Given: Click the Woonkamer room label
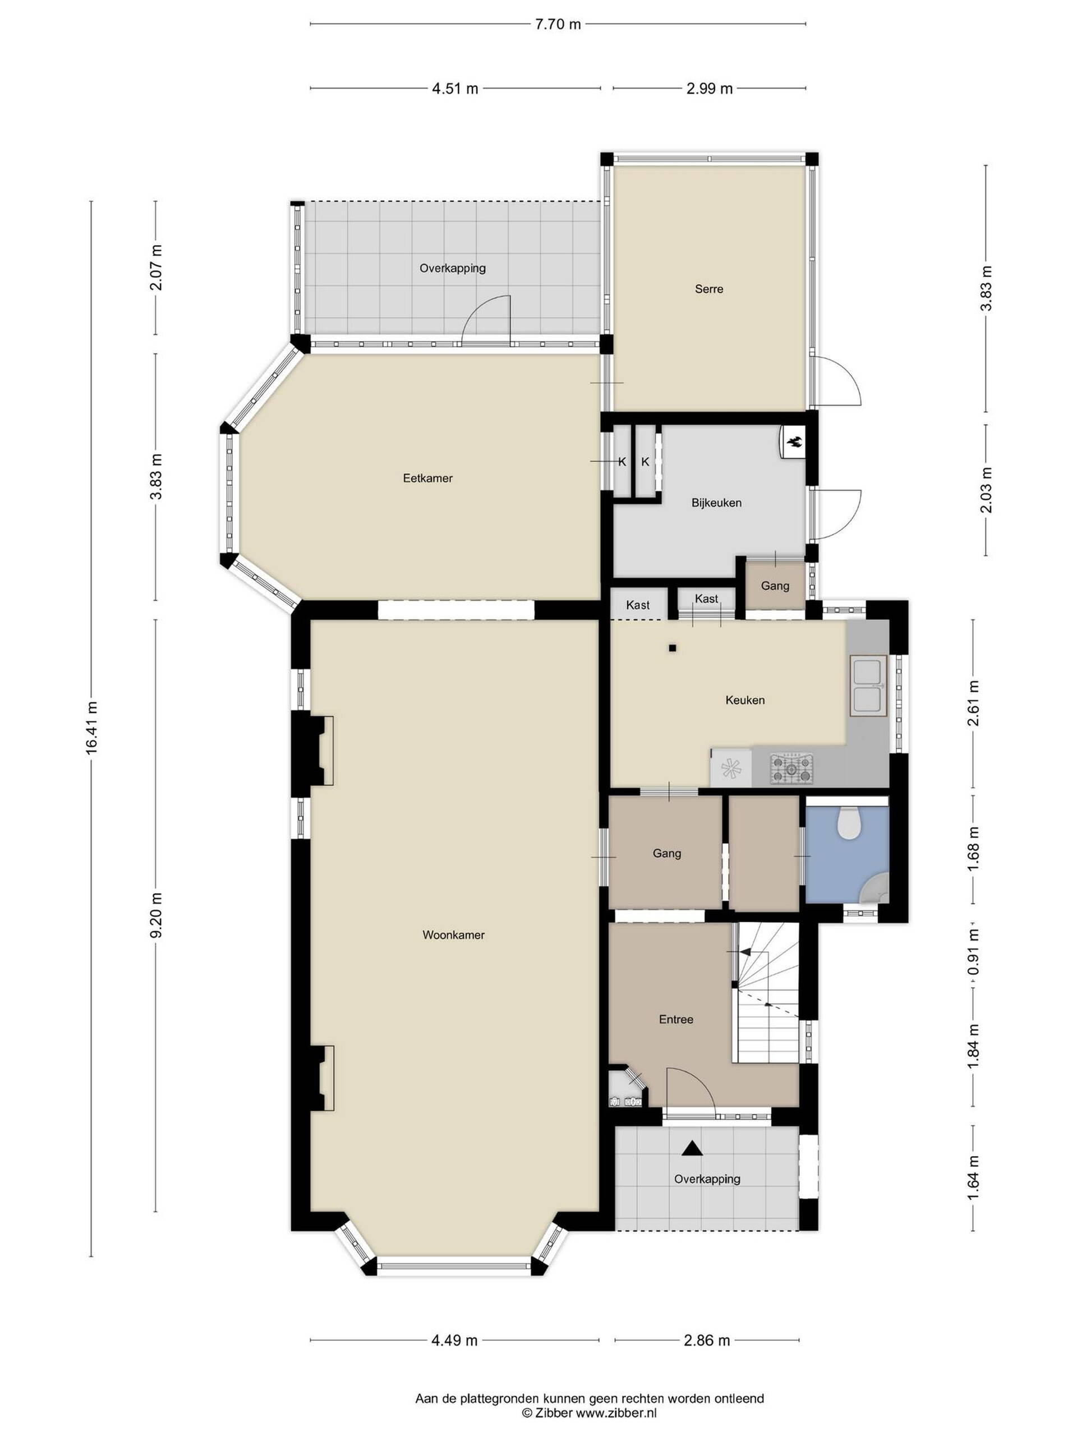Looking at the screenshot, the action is pos(453,936).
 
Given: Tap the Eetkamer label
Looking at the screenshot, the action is pos(427,478).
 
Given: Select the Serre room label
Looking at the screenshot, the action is pos(709,289).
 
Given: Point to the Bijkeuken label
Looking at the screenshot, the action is pos(716,503).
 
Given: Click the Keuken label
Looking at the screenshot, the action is pos(744,700).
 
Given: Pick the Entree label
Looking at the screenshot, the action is pos(676,1019).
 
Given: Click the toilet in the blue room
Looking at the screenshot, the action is pos(849,822).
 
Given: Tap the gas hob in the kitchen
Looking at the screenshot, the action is pos(791,768).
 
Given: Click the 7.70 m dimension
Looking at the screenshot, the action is pos(556,25).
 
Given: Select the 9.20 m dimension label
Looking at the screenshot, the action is pos(156,915).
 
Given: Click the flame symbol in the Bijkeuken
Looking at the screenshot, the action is pos(794,443).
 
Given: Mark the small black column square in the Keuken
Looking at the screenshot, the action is pos(673,647).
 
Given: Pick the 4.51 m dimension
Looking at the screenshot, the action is pos(455,88).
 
